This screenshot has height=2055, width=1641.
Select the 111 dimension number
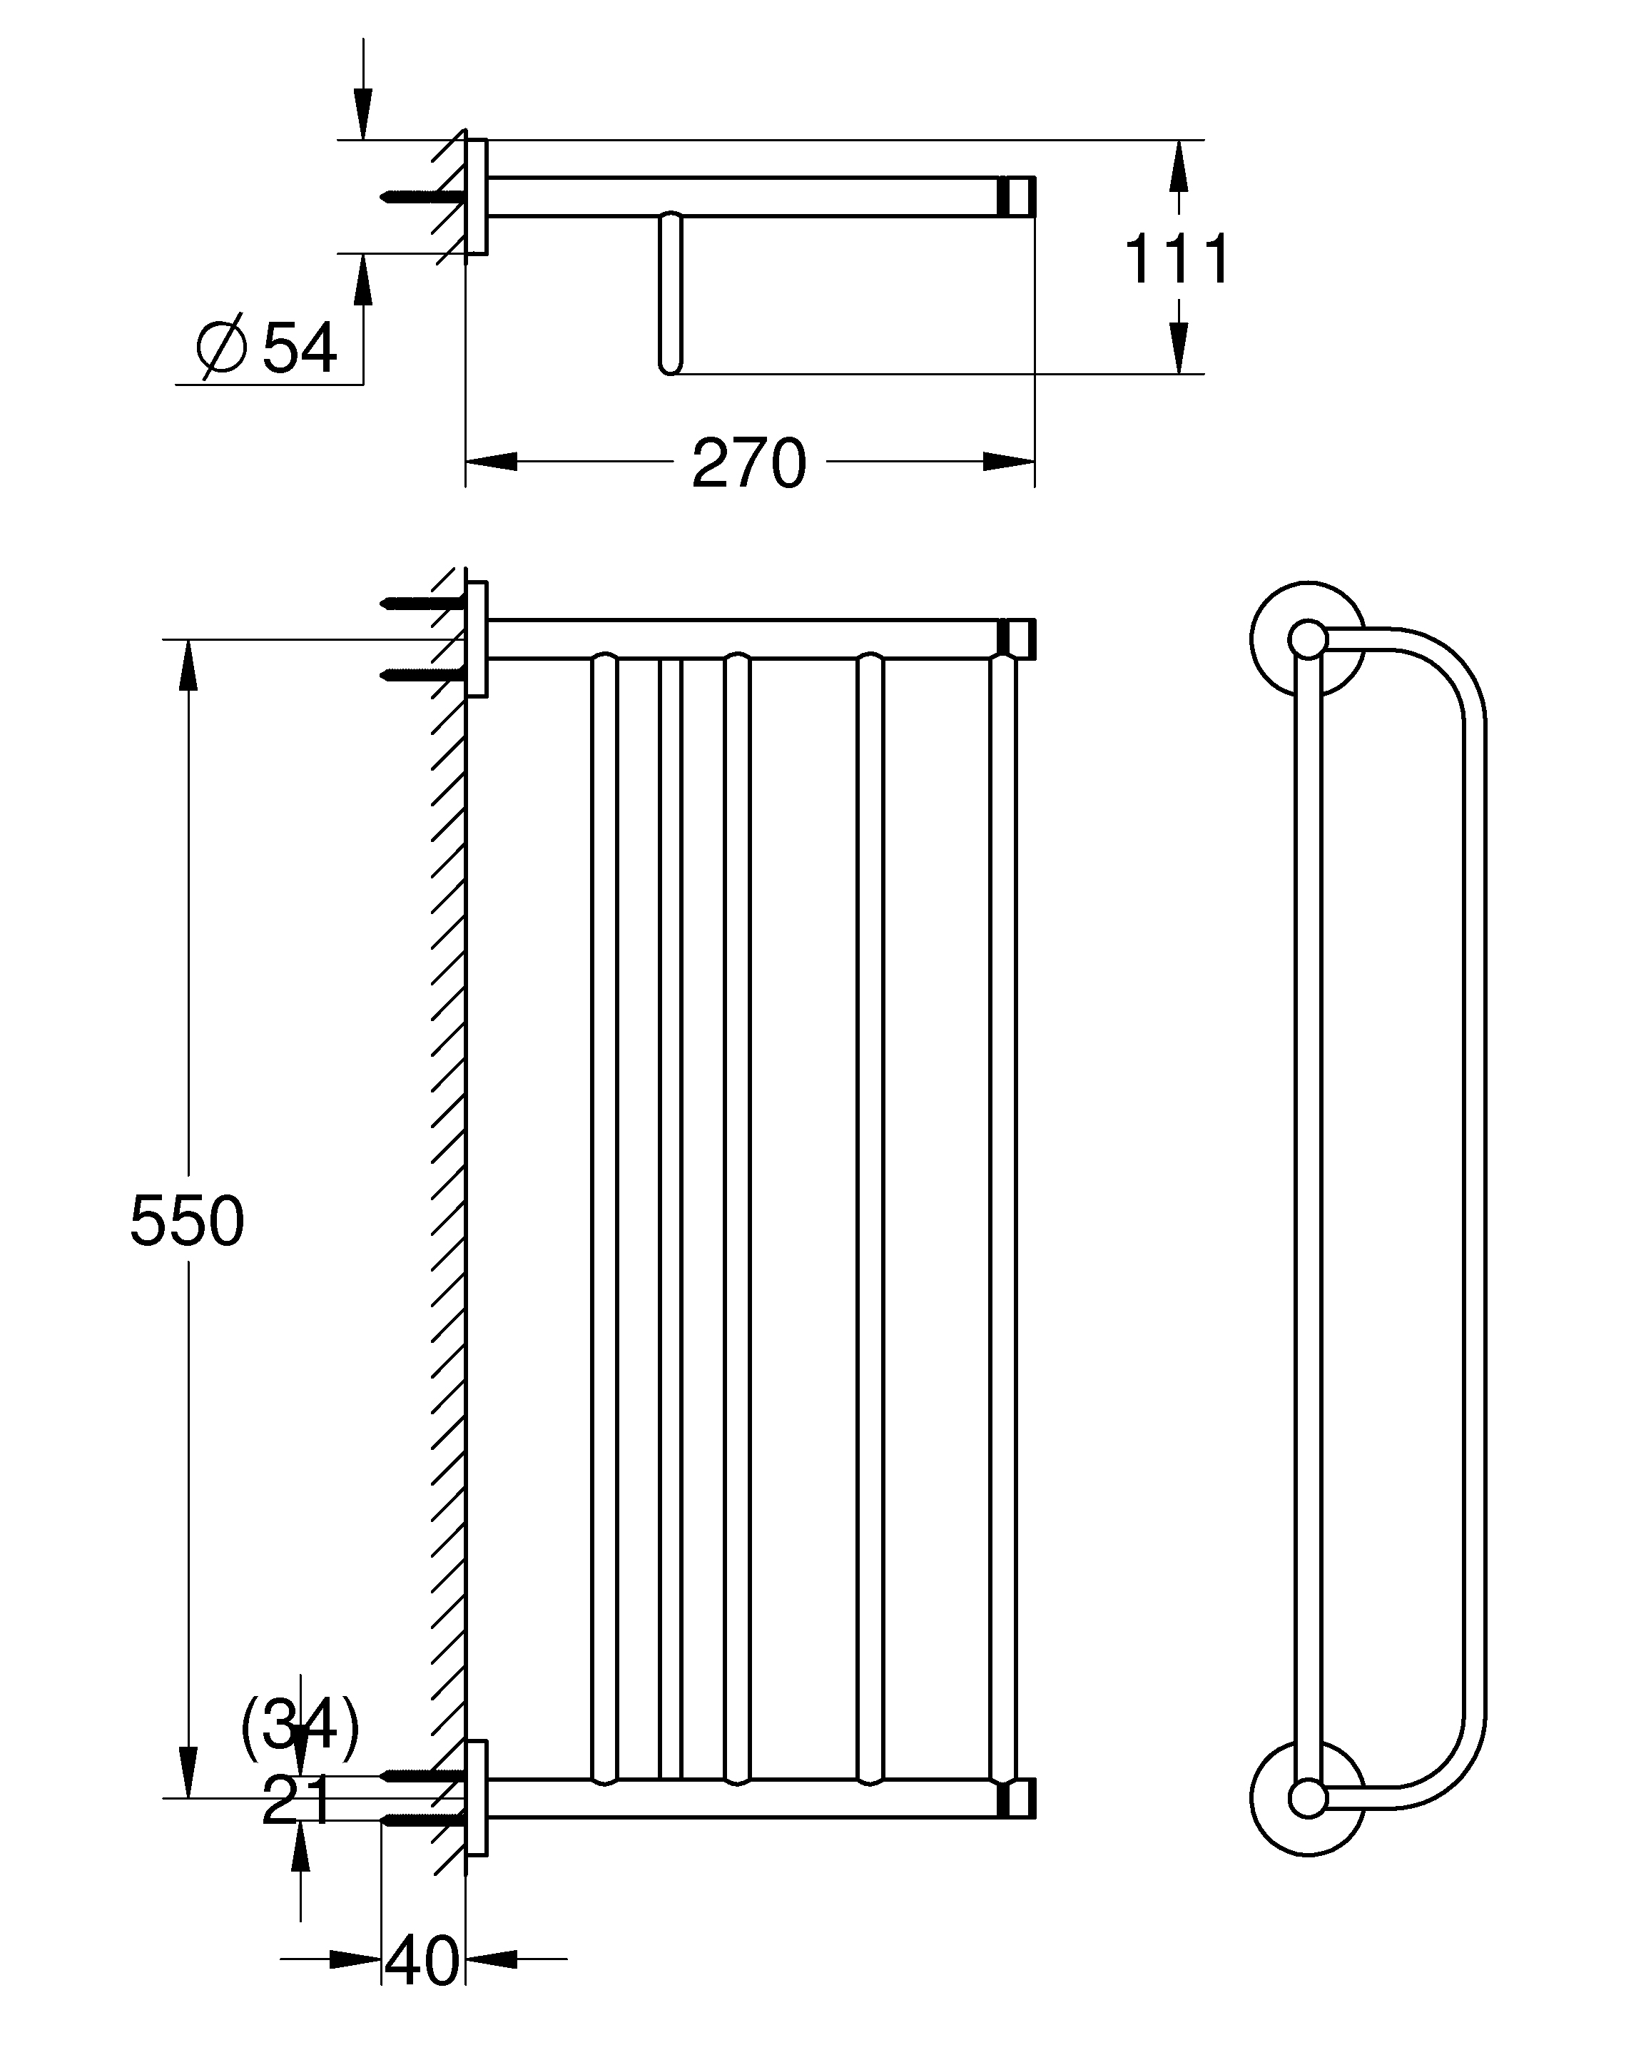pos(1178,258)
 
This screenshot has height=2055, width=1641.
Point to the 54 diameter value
pos(299,348)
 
